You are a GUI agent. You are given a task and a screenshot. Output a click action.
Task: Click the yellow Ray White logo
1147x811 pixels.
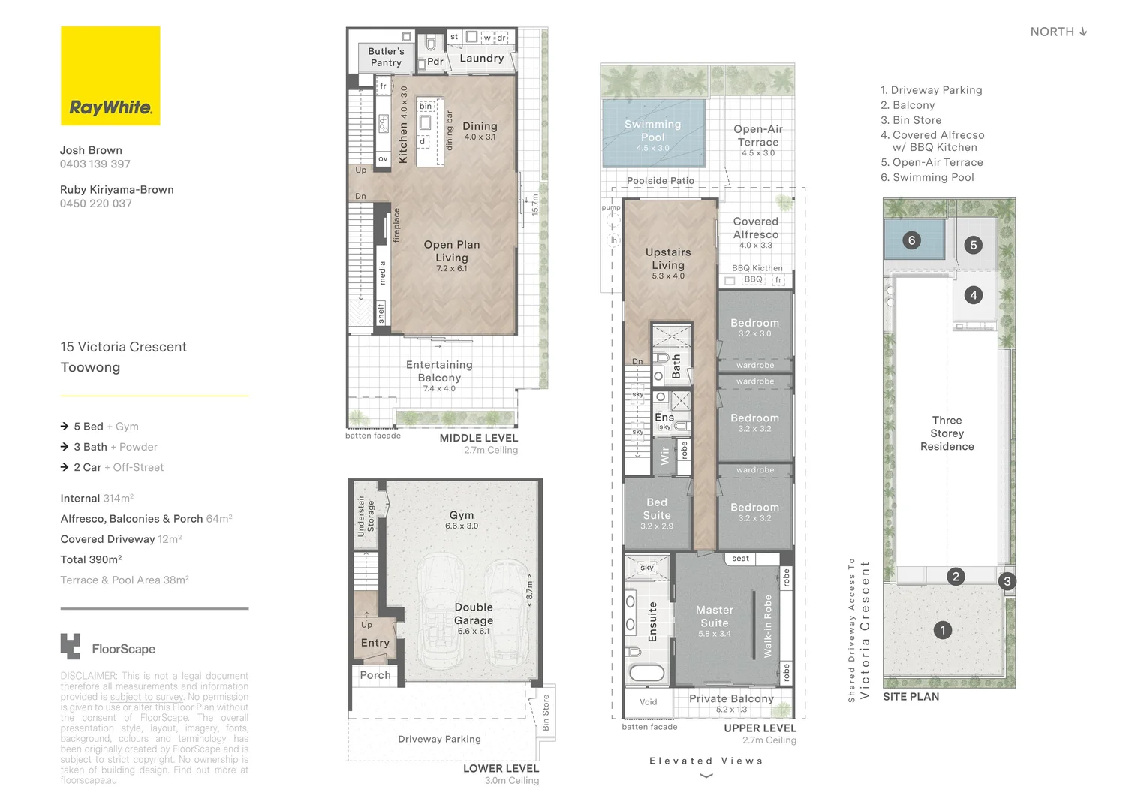click(x=110, y=76)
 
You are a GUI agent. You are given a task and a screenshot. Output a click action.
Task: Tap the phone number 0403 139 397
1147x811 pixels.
click(x=95, y=164)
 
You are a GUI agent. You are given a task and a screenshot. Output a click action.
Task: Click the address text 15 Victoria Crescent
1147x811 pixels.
click(x=124, y=347)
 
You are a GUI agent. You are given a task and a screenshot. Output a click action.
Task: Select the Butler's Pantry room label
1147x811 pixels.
click(x=386, y=57)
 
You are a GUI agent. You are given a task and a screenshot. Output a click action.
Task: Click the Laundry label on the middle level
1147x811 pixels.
click(x=481, y=58)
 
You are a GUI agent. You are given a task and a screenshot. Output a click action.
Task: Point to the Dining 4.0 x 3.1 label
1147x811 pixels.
click(x=480, y=131)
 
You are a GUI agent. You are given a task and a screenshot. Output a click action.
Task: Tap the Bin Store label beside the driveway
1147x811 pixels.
click(x=546, y=713)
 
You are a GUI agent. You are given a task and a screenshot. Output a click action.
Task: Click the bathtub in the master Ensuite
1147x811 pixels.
click(x=646, y=672)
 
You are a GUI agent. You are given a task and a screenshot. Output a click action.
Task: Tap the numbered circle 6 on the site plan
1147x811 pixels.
click(x=911, y=240)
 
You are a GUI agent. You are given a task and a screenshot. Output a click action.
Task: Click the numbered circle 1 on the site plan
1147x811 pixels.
click(x=943, y=630)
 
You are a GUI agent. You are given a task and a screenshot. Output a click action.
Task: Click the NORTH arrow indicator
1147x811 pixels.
click(x=1082, y=32)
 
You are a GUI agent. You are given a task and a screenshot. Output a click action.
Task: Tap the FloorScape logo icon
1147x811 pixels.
click(x=71, y=647)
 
